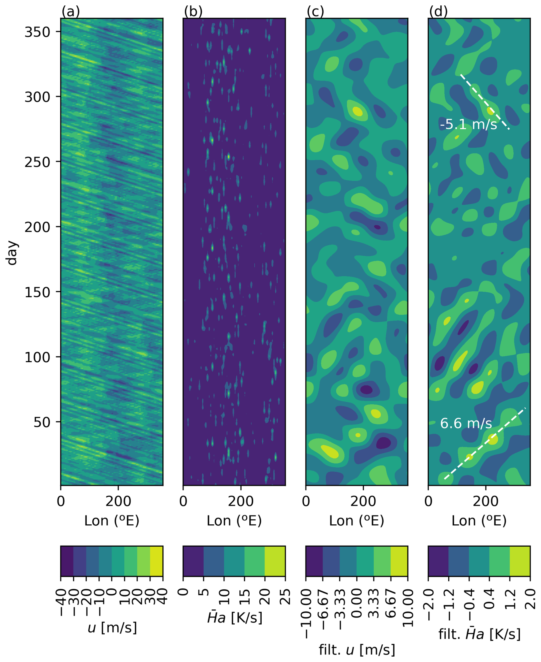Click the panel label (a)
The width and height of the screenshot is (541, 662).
click(71, 12)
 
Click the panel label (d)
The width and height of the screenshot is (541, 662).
click(438, 12)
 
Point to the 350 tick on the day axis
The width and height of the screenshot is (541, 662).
click(37, 32)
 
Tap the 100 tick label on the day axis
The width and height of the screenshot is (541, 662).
click(37, 357)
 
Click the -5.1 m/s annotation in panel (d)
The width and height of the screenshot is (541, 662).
click(468, 125)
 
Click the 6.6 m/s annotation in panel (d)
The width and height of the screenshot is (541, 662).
click(466, 423)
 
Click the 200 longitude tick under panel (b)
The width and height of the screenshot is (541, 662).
click(240, 502)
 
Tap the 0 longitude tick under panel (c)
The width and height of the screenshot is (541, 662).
click(306, 502)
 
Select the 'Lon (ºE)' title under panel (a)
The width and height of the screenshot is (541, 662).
click(112, 521)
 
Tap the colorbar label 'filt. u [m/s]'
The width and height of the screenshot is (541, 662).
click(357, 650)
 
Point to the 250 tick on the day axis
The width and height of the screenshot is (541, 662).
click(37, 162)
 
